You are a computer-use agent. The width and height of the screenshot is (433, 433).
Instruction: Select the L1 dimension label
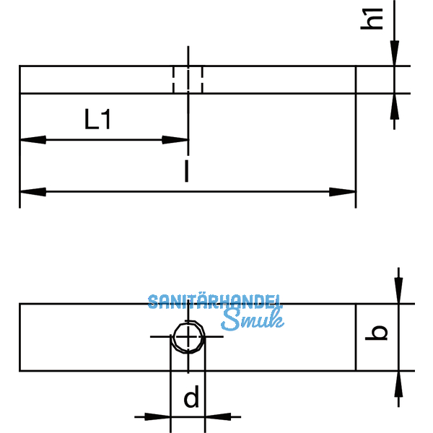(97, 119)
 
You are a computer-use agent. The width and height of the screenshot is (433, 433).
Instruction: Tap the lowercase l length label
(186, 171)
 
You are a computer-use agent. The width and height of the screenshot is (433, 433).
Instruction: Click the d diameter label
(191, 398)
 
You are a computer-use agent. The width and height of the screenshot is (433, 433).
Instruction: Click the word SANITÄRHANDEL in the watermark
(215, 302)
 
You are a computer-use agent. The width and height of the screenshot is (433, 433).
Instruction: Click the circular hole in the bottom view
(188, 337)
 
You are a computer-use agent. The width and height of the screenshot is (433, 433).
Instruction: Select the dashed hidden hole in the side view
(188, 79)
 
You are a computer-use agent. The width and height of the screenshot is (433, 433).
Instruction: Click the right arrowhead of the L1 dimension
(176, 139)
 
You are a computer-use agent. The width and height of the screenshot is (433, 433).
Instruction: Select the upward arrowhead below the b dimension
(398, 383)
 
